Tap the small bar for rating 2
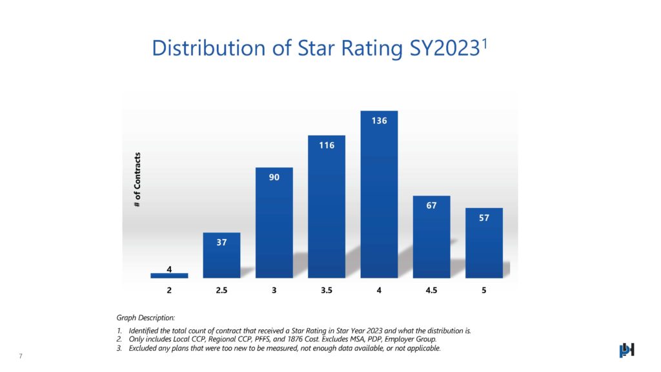[169, 275]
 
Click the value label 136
[379, 121]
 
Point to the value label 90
[274, 177]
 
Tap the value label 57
[484, 218]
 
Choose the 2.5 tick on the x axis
[221, 291]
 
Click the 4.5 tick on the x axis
[431, 291]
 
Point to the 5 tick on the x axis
[484, 291]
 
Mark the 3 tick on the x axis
[274, 291]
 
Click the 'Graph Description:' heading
[145, 318]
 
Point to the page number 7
[21, 356]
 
